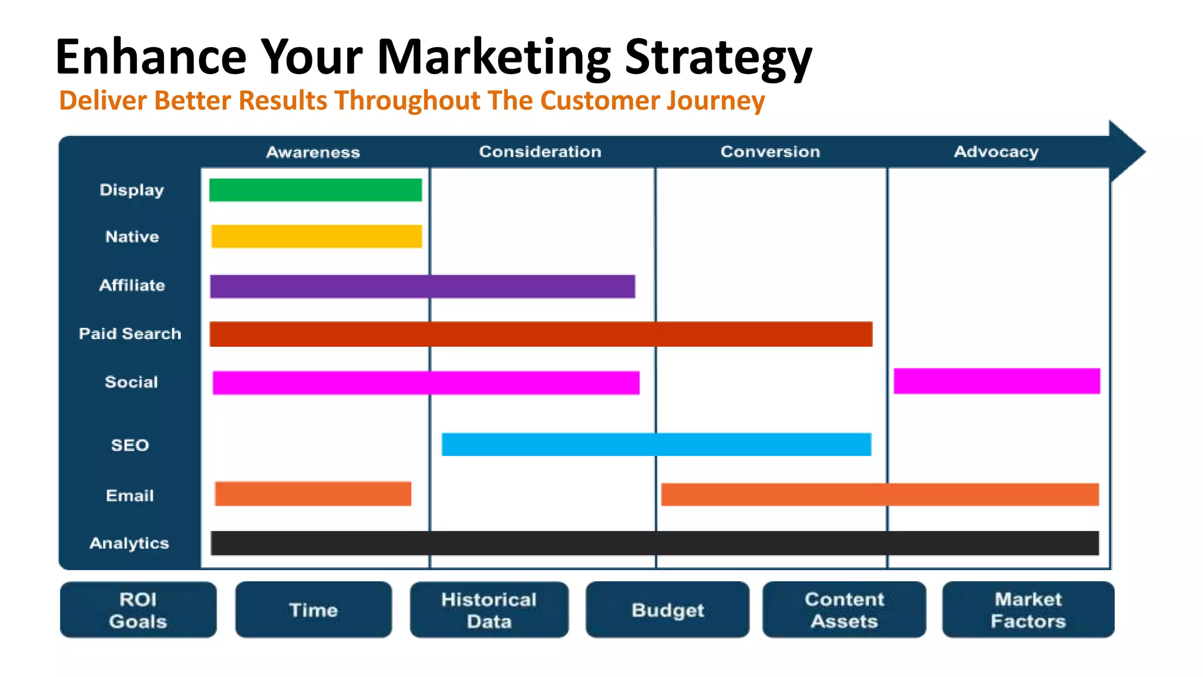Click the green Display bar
click(x=315, y=190)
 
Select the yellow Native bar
click(x=317, y=236)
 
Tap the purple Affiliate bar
click(x=422, y=286)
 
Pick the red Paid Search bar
click(x=540, y=334)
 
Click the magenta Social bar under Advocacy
click(x=996, y=381)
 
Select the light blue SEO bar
click(x=656, y=444)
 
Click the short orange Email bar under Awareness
click(x=313, y=494)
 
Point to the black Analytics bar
click(x=654, y=543)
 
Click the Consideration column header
click(x=540, y=152)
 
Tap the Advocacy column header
click(x=996, y=152)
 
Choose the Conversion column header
click(x=769, y=152)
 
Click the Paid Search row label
click(x=130, y=334)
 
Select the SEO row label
click(x=130, y=445)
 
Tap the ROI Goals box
click(x=138, y=610)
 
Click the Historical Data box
click(x=489, y=610)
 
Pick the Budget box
click(x=667, y=610)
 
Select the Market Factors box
click(x=1028, y=610)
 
